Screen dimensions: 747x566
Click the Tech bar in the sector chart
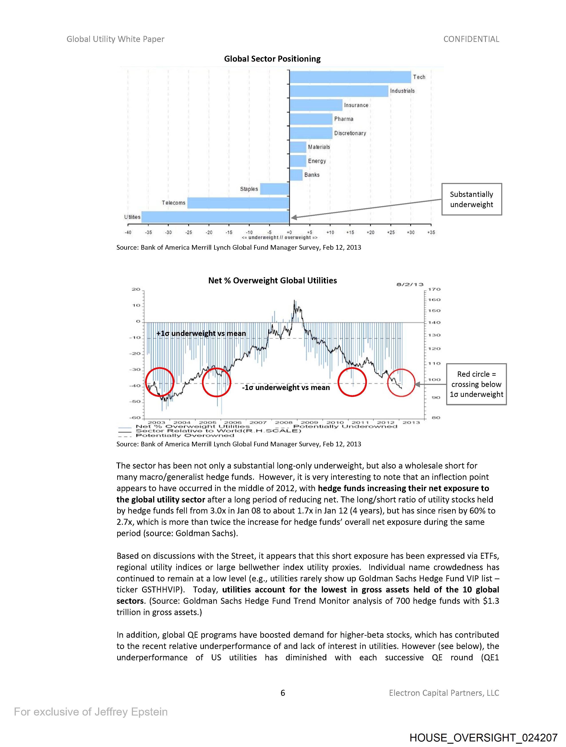pyautogui.click(x=350, y=77)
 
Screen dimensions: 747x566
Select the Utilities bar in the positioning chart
pyautogui.click(x=215, y=217)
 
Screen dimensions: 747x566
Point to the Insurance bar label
pyautogui.click(x=356, y=105)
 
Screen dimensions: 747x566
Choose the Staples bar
pyautogui.click(x=275, y=189)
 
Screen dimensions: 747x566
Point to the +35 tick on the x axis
pyautogui.click(x=431, y=232)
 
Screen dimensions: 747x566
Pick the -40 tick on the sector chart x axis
pyautogui.click(x=128, y=232)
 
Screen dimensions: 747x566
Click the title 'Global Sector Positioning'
pyautogui.click(x=272, y=59)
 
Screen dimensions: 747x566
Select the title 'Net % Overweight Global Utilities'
pyautogui.click(x=272, y=281)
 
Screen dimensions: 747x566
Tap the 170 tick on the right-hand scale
pyautogui.click(x=434, y=289)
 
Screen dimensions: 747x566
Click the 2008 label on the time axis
pyautogui.click(x=283, y=422)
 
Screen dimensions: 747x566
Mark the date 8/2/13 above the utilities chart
pyautogui.click(x=410, y=284)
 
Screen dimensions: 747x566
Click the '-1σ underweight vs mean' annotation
pyautogui.click(x=286, y=388)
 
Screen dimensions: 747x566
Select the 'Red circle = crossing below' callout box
pyautogui.click(x=476, y=384)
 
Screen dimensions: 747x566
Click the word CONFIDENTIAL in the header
pyautogui.click(x=471, y=39)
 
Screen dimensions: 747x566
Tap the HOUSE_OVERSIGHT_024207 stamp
pyautogui.click(x=483, y=737)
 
